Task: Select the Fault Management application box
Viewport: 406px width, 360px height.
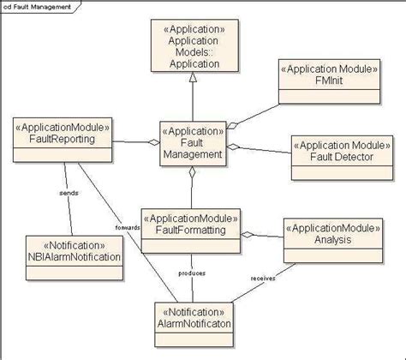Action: tap(193, 142)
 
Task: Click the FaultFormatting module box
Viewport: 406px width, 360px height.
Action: tap(190, 230)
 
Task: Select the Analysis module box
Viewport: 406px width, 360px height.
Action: tap(331, 236)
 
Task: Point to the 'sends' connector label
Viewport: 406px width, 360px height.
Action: tap(69, 193)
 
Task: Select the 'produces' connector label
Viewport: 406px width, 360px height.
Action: tap(191, 273)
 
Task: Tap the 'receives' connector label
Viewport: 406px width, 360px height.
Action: tap(262, 279)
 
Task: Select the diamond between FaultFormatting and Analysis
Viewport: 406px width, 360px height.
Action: tap(248, 233)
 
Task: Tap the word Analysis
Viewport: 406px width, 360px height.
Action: tap(331, 242)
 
